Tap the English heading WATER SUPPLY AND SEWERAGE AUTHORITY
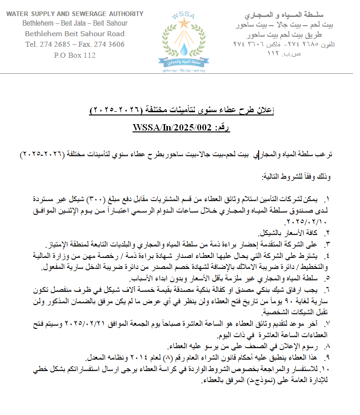75,14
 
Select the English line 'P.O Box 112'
75,55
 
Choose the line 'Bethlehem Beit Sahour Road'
75,34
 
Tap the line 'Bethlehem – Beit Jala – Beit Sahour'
75,23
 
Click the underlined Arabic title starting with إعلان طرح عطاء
183,110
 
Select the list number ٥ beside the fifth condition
327,278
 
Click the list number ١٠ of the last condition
326,368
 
